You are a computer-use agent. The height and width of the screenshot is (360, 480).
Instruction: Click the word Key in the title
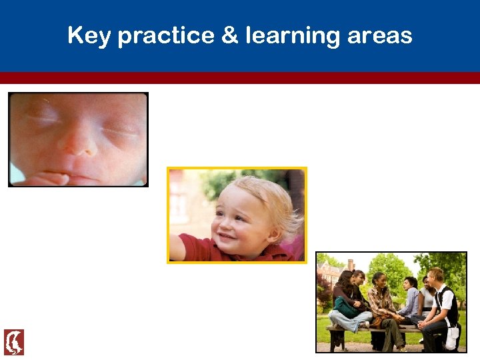89,35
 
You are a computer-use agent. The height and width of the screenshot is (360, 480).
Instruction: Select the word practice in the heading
164,35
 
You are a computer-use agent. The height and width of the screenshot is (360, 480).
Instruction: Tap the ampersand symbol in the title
229,35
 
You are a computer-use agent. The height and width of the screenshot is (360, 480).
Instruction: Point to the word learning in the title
294,35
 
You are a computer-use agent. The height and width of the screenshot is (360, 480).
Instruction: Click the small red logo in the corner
13,342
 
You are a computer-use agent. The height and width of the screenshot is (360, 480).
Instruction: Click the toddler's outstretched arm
185,245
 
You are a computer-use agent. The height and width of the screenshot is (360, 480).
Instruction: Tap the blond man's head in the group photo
437,275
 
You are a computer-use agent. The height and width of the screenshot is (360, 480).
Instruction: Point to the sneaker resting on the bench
365,324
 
